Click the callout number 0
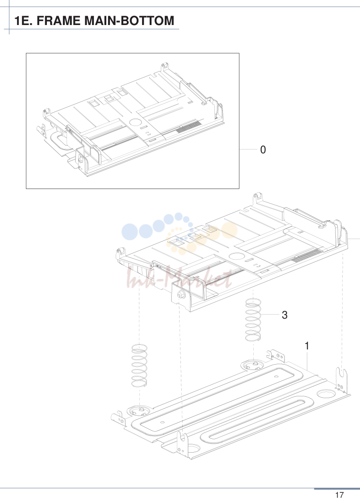tap(263, 150)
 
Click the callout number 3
tap(285, 315)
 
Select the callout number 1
tap(307, 346)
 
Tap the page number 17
tap(339, 495)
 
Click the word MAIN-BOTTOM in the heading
tap(129, 21)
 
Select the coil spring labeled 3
tap(253, 319)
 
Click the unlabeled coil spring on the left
tap(139, 366)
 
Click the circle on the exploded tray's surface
tap(237, 256)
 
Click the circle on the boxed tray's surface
tap(135, 122)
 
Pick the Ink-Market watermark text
tap(180, 278)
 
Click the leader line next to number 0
tap(248, 149)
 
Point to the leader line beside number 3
tap(270, 315)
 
